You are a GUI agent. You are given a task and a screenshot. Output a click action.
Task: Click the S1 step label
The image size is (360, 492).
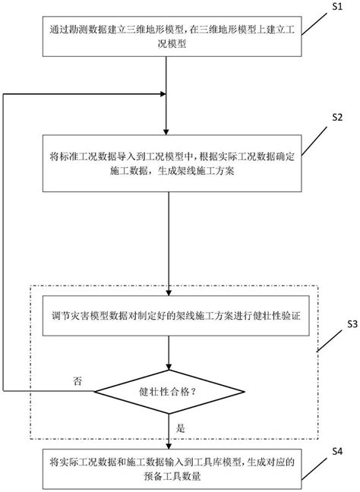coord(339,8)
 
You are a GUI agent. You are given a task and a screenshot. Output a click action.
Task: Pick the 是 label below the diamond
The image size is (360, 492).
coord(180,427)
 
